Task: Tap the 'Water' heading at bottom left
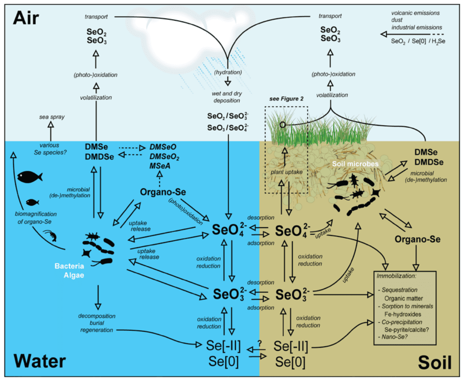(40, 361)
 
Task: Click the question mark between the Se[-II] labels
(260, 342)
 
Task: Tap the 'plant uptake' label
(286, 172)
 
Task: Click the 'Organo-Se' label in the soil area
(416, 239)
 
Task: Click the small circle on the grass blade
(282, 124)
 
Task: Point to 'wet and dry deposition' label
(227, 97)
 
